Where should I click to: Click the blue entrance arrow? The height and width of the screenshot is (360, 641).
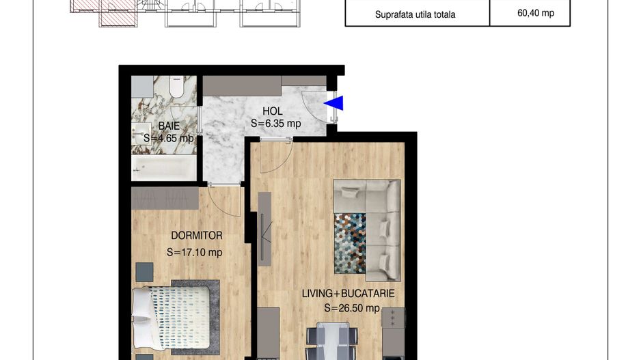click(x=334, y=103)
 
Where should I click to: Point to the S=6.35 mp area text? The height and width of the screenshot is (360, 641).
click(x=275, y=124)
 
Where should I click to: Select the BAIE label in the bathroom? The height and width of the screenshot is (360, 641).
click(x=169, y=126)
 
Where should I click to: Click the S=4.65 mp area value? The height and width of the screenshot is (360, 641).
click(x=168, y=138)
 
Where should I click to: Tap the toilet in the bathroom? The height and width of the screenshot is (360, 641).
click(x=178, y=87)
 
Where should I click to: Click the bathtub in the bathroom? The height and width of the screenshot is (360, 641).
click(x=163, y=167)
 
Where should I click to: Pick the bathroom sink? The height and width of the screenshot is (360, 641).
click(x=142, y=130)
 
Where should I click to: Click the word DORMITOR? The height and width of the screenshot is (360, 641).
click(x=197, y=235)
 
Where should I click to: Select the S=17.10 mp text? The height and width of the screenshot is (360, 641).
click(x=195, y=252)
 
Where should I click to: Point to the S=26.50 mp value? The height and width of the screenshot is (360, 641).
click(x=351, y=308)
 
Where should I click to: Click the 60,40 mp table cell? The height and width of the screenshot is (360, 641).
click(x=530, y=13)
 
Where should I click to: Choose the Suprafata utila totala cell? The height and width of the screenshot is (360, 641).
click(x=415, y=14)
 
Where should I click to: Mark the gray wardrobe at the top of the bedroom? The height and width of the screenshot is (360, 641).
click(x=165, y=198)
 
